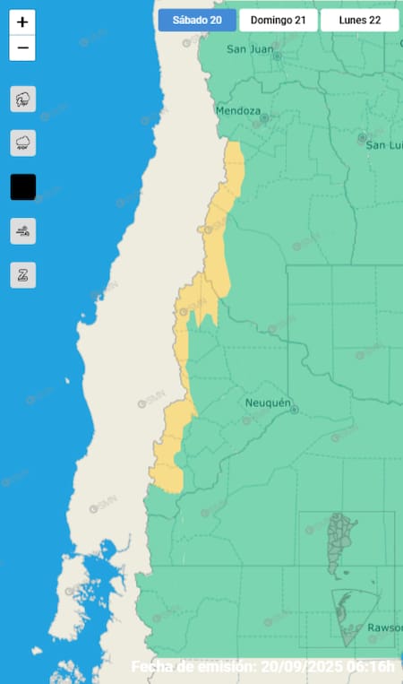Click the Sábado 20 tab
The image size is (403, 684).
pyautogui.click(x=197, y=20)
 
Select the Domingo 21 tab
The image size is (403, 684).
pyautogui.click(x=279, y=20)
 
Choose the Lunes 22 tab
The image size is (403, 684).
pyautogui.click(x=359, y=20)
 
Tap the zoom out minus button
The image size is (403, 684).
pyautogui.click(x=22, y=48)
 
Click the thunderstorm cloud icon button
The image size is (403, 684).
pyautogui.click(x=22, y=99)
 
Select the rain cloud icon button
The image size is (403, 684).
pyautogui.click(x=22, y=143)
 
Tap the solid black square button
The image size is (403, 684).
pyautogui.click(x=22, y=187)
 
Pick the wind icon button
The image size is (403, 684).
pyautogui.click(x=22, y=231)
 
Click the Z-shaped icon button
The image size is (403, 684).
pyautogui.click(x=22, y=275)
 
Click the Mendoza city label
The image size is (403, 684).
pyautogui.click(x=238, y=111)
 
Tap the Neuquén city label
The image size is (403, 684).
pyautogui.click(x=269, y=403)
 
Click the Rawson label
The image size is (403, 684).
pyautogui.click(x=373, y=627)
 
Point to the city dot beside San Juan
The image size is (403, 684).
pyautogui.click(x=277, y=56)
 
